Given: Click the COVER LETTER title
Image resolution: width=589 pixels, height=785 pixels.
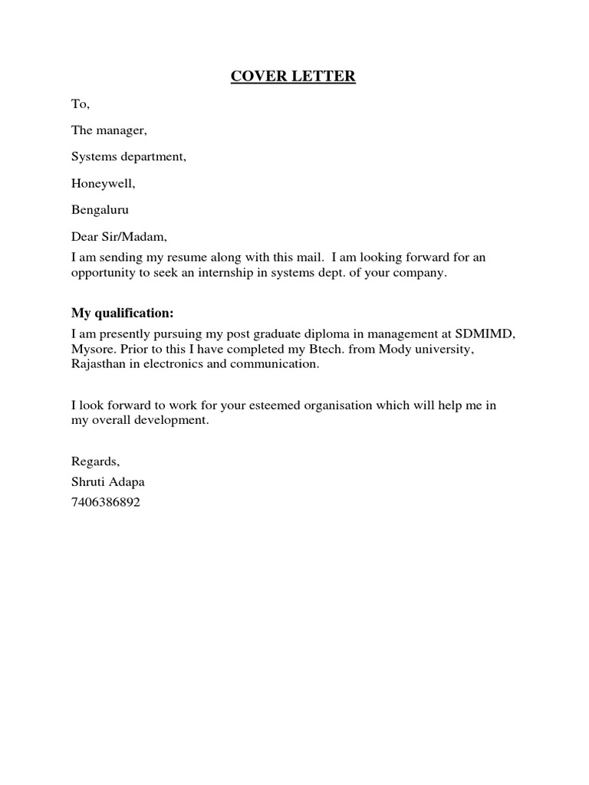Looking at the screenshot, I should click(x=294, y=77).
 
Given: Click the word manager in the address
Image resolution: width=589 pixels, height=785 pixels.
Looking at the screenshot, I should click(x=121, y=131).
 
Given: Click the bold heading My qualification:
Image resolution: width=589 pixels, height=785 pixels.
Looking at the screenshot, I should click(x=123, y=313).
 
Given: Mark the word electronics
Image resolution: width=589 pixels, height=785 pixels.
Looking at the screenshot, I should click(x=176, y=364).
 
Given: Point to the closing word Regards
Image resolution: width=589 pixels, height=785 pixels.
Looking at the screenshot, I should click(x=95, y=461).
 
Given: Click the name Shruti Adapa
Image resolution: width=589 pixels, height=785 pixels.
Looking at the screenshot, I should click(x=108, y=483).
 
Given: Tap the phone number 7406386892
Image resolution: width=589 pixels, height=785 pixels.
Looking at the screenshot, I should click(x=106, y=504).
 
